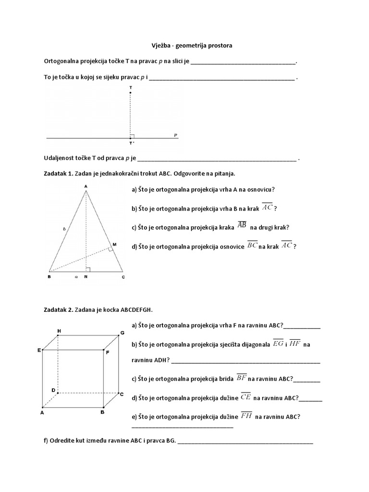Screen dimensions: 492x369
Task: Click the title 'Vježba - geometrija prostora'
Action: [x=188, y=45]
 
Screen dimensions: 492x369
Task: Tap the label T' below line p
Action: [x=131, y=144]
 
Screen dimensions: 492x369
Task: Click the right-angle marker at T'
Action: [x=133, y=135]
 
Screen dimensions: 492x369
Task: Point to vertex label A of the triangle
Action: [x=86, y=186]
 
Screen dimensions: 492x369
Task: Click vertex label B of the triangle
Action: [x=49, y=277]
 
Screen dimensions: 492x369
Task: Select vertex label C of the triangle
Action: [x=123, y=277]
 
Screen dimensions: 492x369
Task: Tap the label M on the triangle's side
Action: [x=114, y=245]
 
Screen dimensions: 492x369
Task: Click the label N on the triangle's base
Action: [x=86, y=277]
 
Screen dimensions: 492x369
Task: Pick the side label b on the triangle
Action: [x=64, y=230]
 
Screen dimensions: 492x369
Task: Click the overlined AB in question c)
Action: [x=242, y=226]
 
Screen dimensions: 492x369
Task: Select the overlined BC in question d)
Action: [x=252, y=245]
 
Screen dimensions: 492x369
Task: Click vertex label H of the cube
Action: [x=59, y=331]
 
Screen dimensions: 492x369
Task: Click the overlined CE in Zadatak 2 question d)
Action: [x=246, y=397]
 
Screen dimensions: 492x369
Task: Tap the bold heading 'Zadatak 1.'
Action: [x=58, y=173]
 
